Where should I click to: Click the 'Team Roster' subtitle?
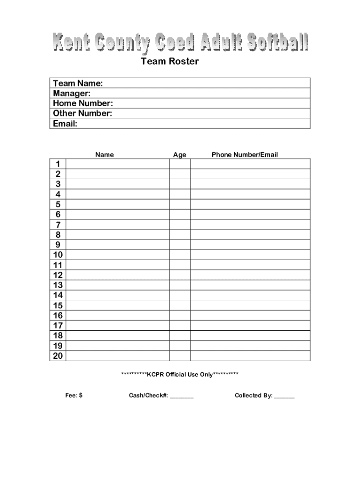click(170, 61)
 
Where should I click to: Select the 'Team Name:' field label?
click(78, 83)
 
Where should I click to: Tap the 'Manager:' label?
click(72, 94)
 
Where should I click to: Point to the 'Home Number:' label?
click(83, 103)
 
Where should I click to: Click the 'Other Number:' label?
click(82, 114)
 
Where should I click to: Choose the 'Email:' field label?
click(65, 124)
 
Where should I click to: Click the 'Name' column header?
click(104, 155)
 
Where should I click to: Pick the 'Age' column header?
click(180, 155)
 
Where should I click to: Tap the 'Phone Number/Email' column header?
click(245, 155)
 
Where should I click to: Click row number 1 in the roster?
click(58, 164)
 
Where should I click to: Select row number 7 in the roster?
click(58, 225)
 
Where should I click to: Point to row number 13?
click(58, 285)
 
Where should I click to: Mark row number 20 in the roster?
click(58, 356)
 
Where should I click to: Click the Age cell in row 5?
click(180, 204)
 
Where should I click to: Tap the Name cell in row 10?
click(117, 255)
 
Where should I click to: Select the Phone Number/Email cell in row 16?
click(250, 316)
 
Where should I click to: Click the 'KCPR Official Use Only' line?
click(180, 374)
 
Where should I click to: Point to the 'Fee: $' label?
click(74, 396)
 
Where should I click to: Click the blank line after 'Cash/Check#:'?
click(181, 397)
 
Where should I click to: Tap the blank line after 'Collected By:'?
click(284, 397)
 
